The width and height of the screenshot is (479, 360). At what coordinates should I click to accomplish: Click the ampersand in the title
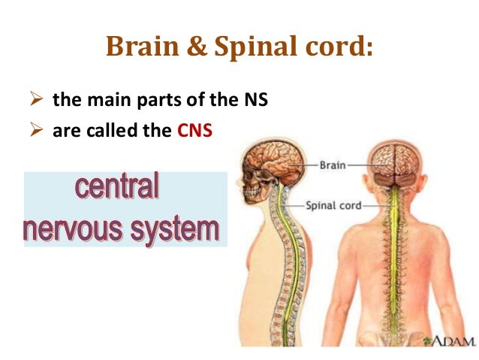point(189,46)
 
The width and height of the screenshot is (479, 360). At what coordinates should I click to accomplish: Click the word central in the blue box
point(117,187)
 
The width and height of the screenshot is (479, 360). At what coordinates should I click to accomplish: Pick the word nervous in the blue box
point(75,228)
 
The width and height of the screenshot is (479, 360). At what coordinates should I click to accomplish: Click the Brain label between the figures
point(333,163)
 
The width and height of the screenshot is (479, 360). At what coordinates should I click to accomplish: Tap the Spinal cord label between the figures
point(334,204)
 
